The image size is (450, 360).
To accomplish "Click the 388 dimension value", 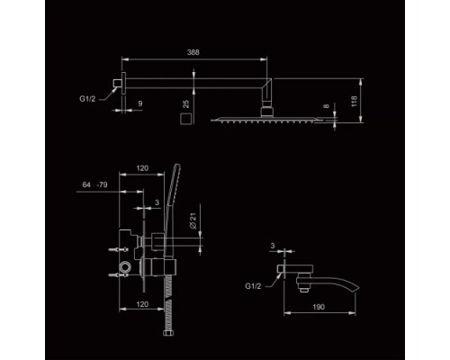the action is pyautogui.click(x=193, y=52).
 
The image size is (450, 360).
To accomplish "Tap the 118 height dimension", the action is pyautogui.click(x=354, y=102).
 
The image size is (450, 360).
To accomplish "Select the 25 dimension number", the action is pyautogui.click(x=186, y=103).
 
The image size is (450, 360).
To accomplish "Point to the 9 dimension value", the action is pyautogui.click(x=140, y=103).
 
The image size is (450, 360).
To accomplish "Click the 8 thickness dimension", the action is pyautogui.click(x=327, y=105).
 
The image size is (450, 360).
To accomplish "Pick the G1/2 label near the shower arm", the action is pyautogui.click(x=87, y=99).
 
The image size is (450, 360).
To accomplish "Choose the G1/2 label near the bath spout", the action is pyautogui.click(x=253, y=286).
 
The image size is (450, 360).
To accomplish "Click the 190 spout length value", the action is pyautogui.click(x=319, y=307).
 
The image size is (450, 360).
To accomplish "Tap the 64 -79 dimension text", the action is pyautogui.click(x=94, y=184).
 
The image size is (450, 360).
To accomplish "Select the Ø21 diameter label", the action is pyautogui.click(x=193, y=220).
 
